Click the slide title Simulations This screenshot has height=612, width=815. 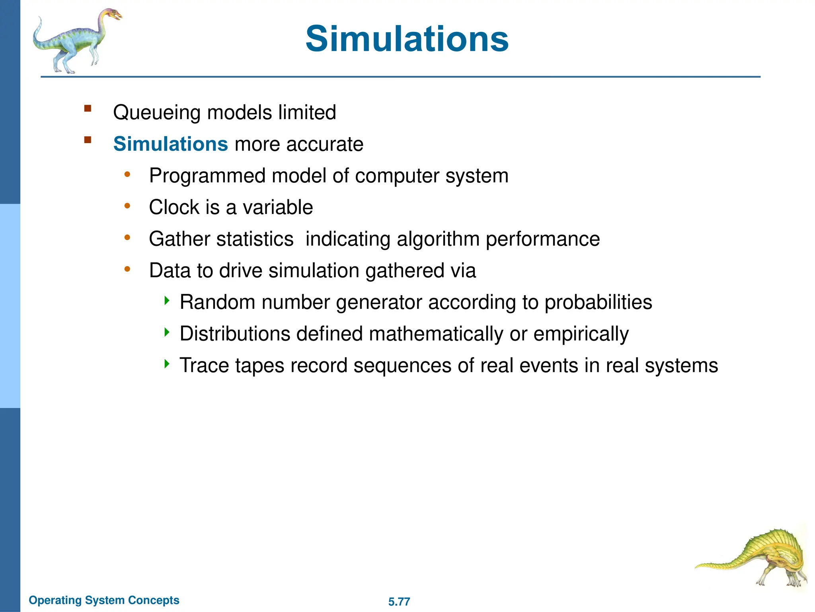point(407,39)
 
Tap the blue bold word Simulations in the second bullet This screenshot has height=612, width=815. point(170,144)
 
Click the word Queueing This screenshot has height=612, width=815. point(157,113)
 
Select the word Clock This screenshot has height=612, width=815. point(174,207)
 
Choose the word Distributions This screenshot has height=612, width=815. point(235,333)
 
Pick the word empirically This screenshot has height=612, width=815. point(581,334)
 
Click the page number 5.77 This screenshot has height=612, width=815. point(399,602)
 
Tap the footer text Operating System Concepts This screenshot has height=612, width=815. point(104,600)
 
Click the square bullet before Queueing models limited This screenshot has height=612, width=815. point(88,108)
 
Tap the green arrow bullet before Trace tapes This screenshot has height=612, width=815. point(167,363)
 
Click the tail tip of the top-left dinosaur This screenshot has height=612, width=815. point(40,19)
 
